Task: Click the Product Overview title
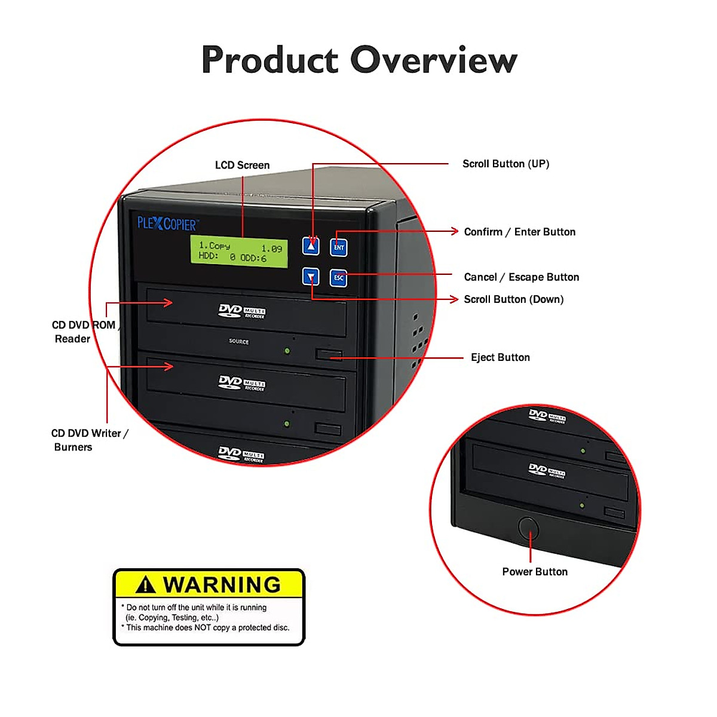[x=359, y=60]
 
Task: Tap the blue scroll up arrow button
[x=311, y=246]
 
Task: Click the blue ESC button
[x=339, y=277]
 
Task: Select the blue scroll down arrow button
[x=311, y=277]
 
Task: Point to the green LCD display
[x=239, y=252]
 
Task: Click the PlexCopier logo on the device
[x=167, y=224]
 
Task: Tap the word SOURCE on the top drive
[x=238, y=342]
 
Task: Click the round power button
[x=528, y=528]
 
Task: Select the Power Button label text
[x=535, y=572]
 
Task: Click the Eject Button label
[x=500, y=357]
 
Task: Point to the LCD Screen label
[x=242, y=165]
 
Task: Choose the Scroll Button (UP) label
[x=505, y=164]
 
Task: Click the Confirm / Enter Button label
[x=519, y=232]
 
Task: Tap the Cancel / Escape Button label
[x=521, y=277]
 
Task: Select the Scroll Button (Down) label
[x=513, y=299]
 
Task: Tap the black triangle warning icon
[x=146, y=584]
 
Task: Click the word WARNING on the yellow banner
[x=222, y=584]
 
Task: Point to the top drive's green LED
[x=287, y=351]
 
